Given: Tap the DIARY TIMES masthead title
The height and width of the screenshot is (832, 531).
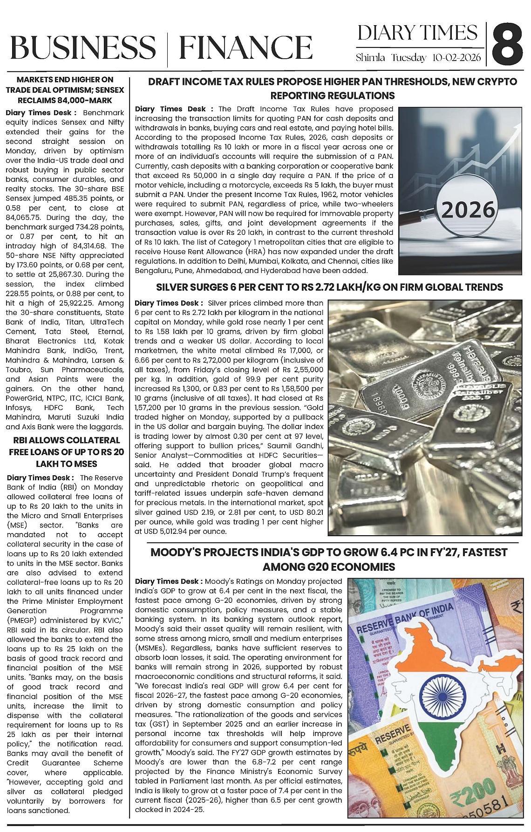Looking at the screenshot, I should point(417,33).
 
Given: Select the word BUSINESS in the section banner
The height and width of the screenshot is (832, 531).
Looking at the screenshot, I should point(83,48).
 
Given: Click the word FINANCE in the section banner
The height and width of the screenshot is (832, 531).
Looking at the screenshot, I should point(245,48).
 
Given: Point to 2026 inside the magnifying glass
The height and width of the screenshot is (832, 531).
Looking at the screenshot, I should point(468,210).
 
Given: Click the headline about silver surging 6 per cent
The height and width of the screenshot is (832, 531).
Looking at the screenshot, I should point(329,287).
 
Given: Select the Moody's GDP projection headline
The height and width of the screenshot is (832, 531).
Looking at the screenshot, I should point(329,559).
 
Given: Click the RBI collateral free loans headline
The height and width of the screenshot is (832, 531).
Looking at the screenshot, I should point(66,452).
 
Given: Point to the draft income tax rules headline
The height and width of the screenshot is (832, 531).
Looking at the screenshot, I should point(333,89).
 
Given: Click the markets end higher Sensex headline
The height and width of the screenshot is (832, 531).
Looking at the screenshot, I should point(65,90).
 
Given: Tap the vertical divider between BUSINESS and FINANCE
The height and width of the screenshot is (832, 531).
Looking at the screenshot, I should point(167,48).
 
